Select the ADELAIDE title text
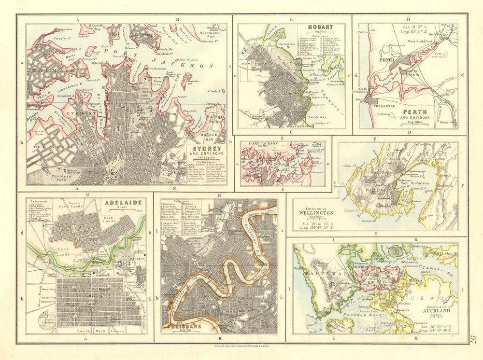coord(120,204)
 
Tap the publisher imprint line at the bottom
coord(242,346)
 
